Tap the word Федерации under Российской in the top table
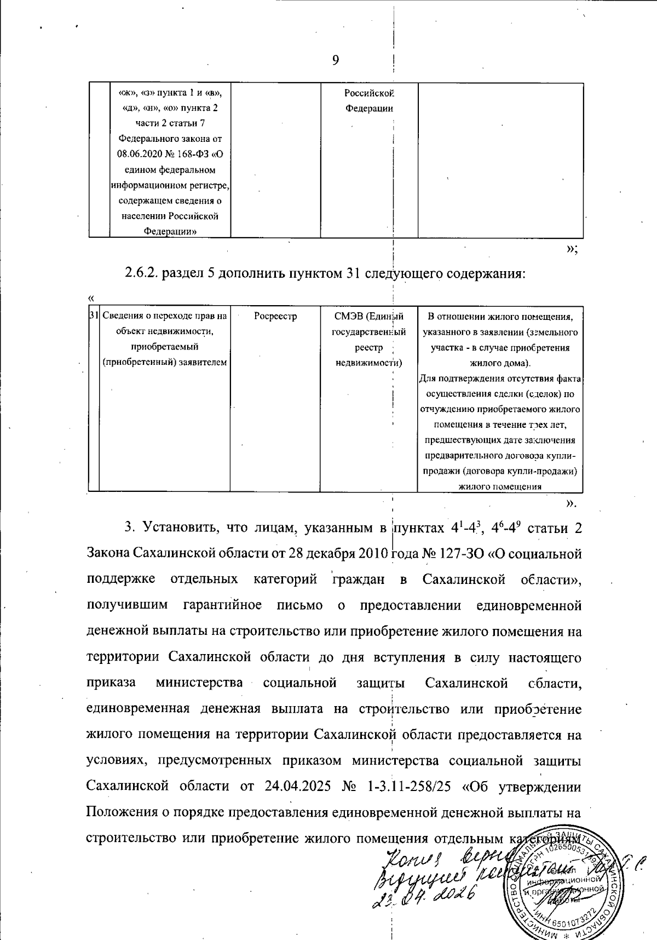pyautogui.click(x=369, y=108)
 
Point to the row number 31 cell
pyautogui.click(x=93, y=316)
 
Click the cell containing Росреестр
pyautogui.click(x=275, y=317)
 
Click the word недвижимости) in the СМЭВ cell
pyautogui.click(x=369, y=363)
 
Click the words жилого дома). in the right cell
pyautogui.click(x=499, y=363)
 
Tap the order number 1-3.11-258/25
pyautogui.click(x=407, y=787)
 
